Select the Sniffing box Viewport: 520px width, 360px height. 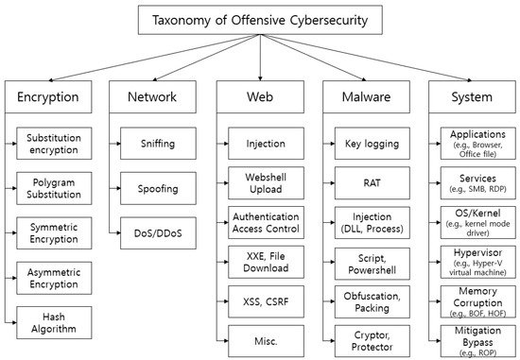158,145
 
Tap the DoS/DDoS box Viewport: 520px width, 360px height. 158,232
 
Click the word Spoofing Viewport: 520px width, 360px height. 158,189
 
